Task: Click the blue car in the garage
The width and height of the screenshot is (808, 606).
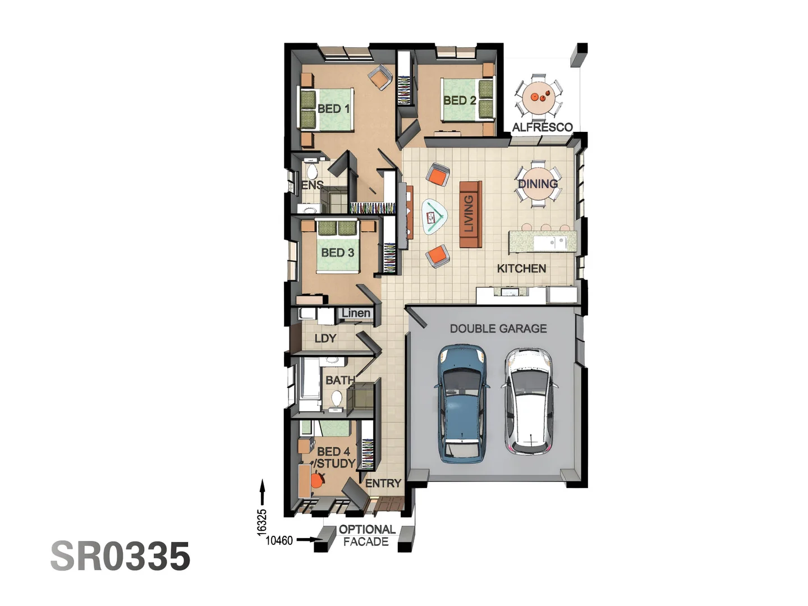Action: pos(462,403)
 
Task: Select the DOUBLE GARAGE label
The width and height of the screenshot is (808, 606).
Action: pos(498,329)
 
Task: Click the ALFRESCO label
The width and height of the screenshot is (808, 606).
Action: pos(542,127)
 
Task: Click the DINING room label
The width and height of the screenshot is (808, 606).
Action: pos(538,184)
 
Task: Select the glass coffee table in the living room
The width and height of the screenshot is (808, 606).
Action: pos(434,216)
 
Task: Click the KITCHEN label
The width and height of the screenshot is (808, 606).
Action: pos(521,269)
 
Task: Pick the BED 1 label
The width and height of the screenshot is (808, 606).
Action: pos(333,109)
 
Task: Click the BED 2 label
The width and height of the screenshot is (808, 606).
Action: pos(459,100)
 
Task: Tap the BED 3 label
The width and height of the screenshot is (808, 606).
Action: pos(337,253)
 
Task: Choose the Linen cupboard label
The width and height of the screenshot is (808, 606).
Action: pos(356,313)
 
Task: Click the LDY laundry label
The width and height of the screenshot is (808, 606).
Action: pos(325,338)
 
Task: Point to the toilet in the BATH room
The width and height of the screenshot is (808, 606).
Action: pos(336,399)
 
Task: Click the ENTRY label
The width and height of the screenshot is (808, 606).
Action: pos(383,483)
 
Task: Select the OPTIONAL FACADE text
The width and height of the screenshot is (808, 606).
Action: pos(366,535)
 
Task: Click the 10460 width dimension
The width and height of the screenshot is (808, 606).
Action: pos(279,540)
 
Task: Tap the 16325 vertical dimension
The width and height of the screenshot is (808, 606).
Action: pos(262,522)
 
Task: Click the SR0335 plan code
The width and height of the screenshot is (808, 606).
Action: pos(121,556)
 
